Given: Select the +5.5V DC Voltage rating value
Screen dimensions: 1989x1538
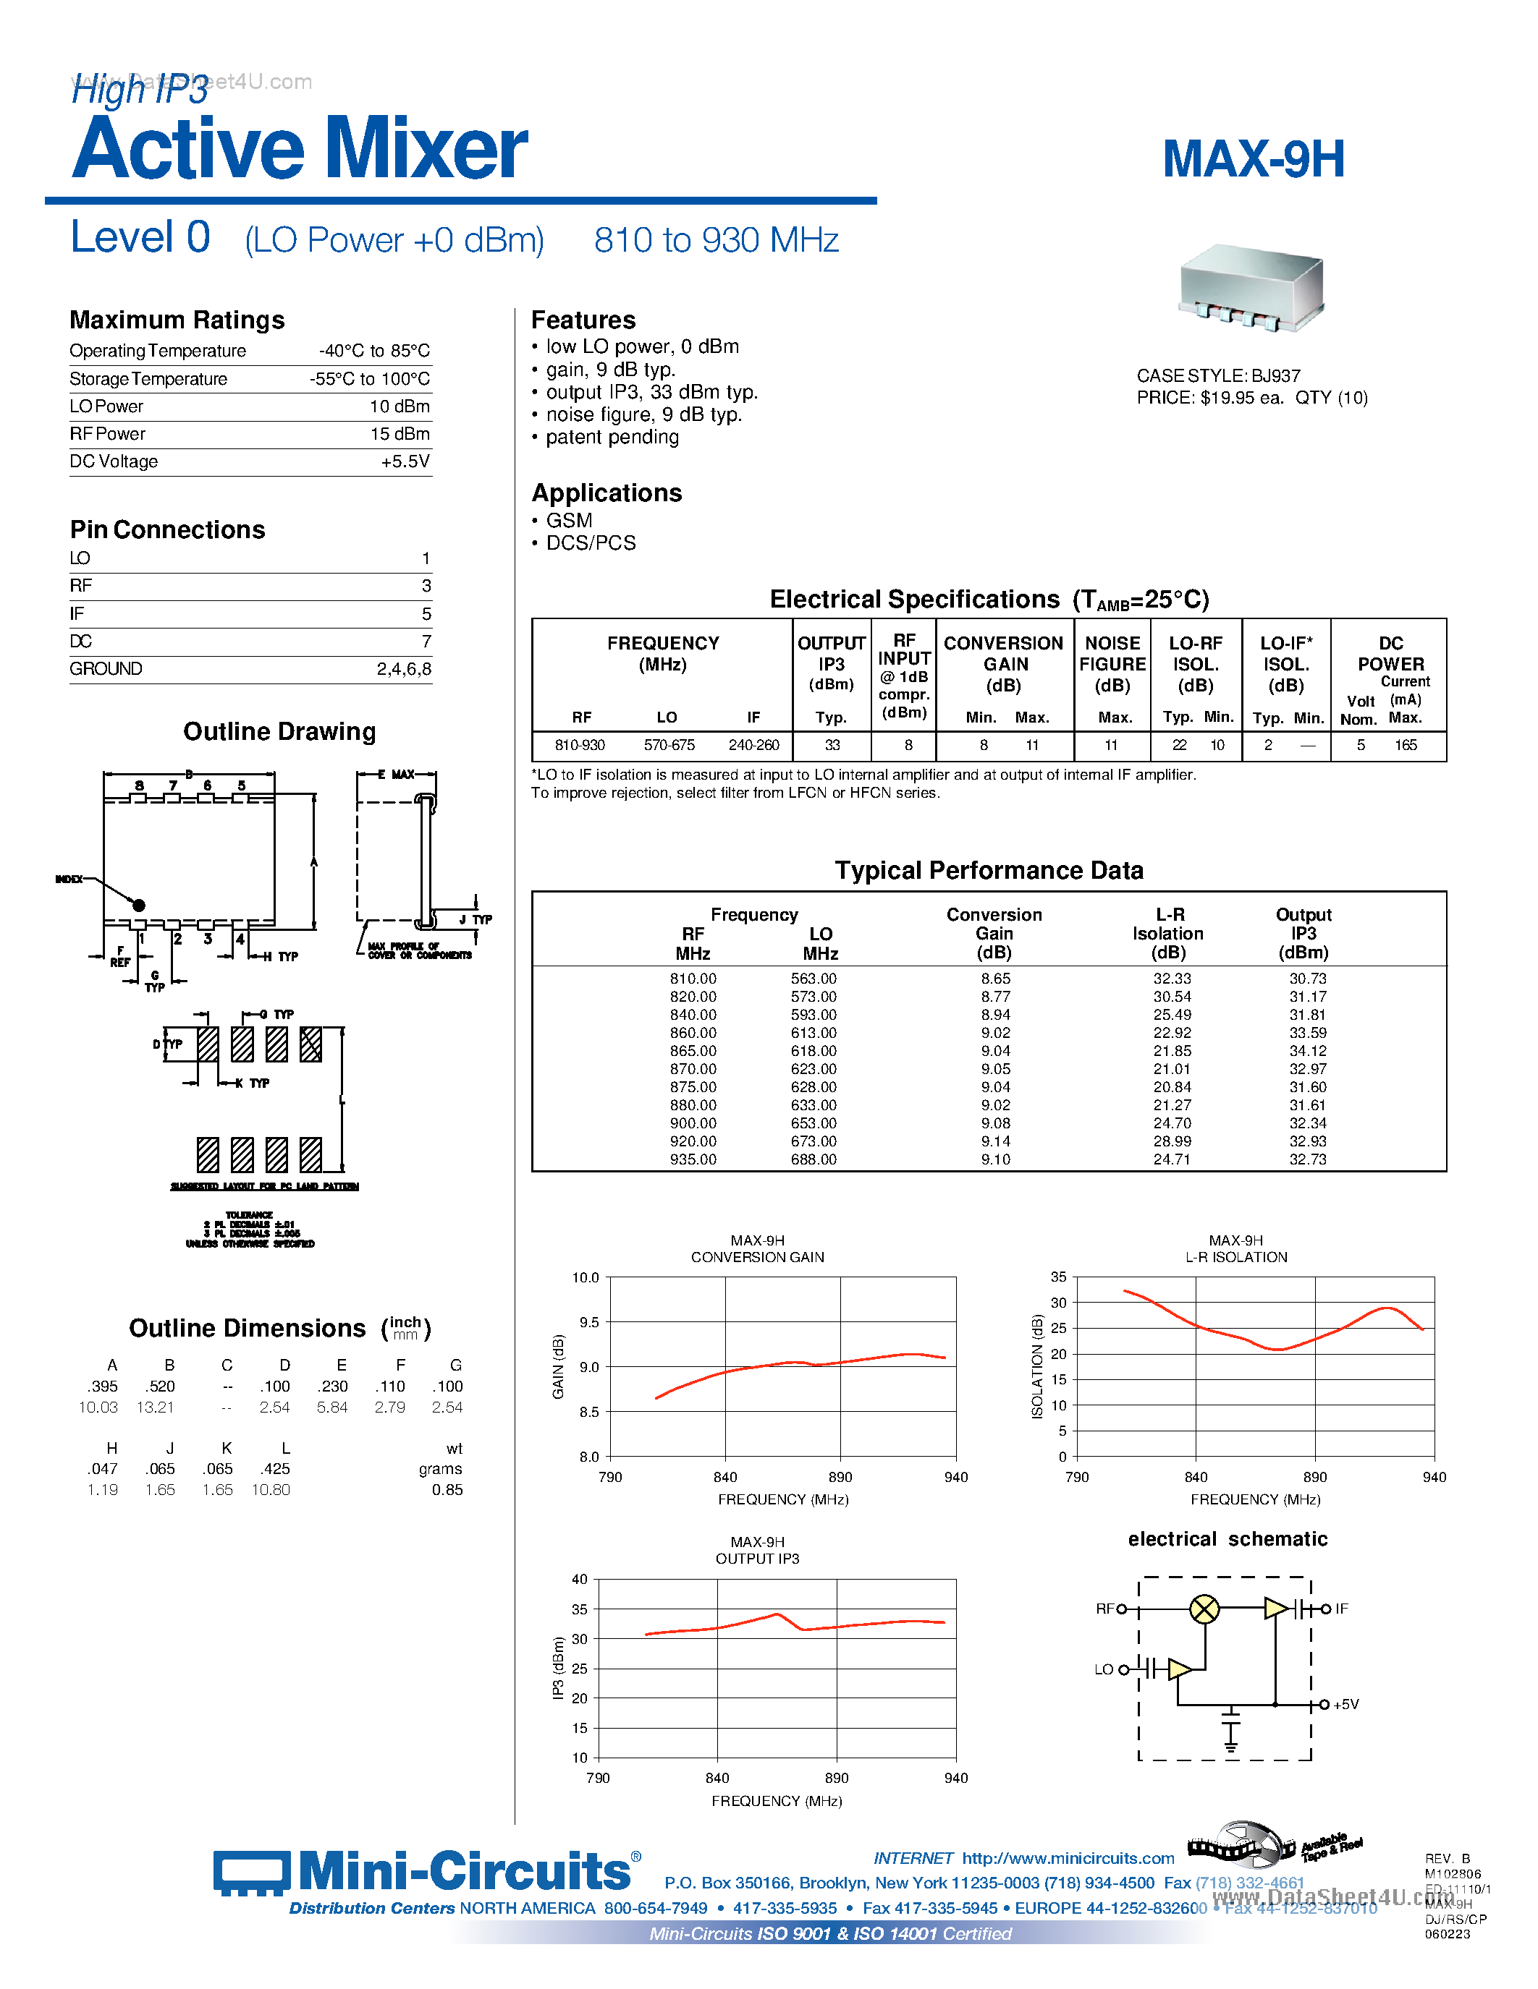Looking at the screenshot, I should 405,461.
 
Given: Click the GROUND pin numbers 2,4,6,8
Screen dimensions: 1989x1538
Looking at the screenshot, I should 404,669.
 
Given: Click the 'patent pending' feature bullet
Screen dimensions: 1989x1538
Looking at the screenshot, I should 612,437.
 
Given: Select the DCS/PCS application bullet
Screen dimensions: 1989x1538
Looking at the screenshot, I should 591,542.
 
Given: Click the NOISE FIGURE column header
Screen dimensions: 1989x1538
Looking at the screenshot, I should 1112,664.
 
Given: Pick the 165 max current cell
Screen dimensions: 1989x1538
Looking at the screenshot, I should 1405,745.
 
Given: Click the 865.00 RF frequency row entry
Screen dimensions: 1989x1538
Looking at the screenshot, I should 693,1051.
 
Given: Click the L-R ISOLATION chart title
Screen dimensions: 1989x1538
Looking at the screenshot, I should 1235,1257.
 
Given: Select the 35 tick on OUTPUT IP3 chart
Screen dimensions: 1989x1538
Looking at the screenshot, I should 580,1609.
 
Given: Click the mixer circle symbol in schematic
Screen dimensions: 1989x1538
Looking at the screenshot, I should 1204,1609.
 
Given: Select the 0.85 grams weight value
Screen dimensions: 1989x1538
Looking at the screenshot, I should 447,1490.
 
